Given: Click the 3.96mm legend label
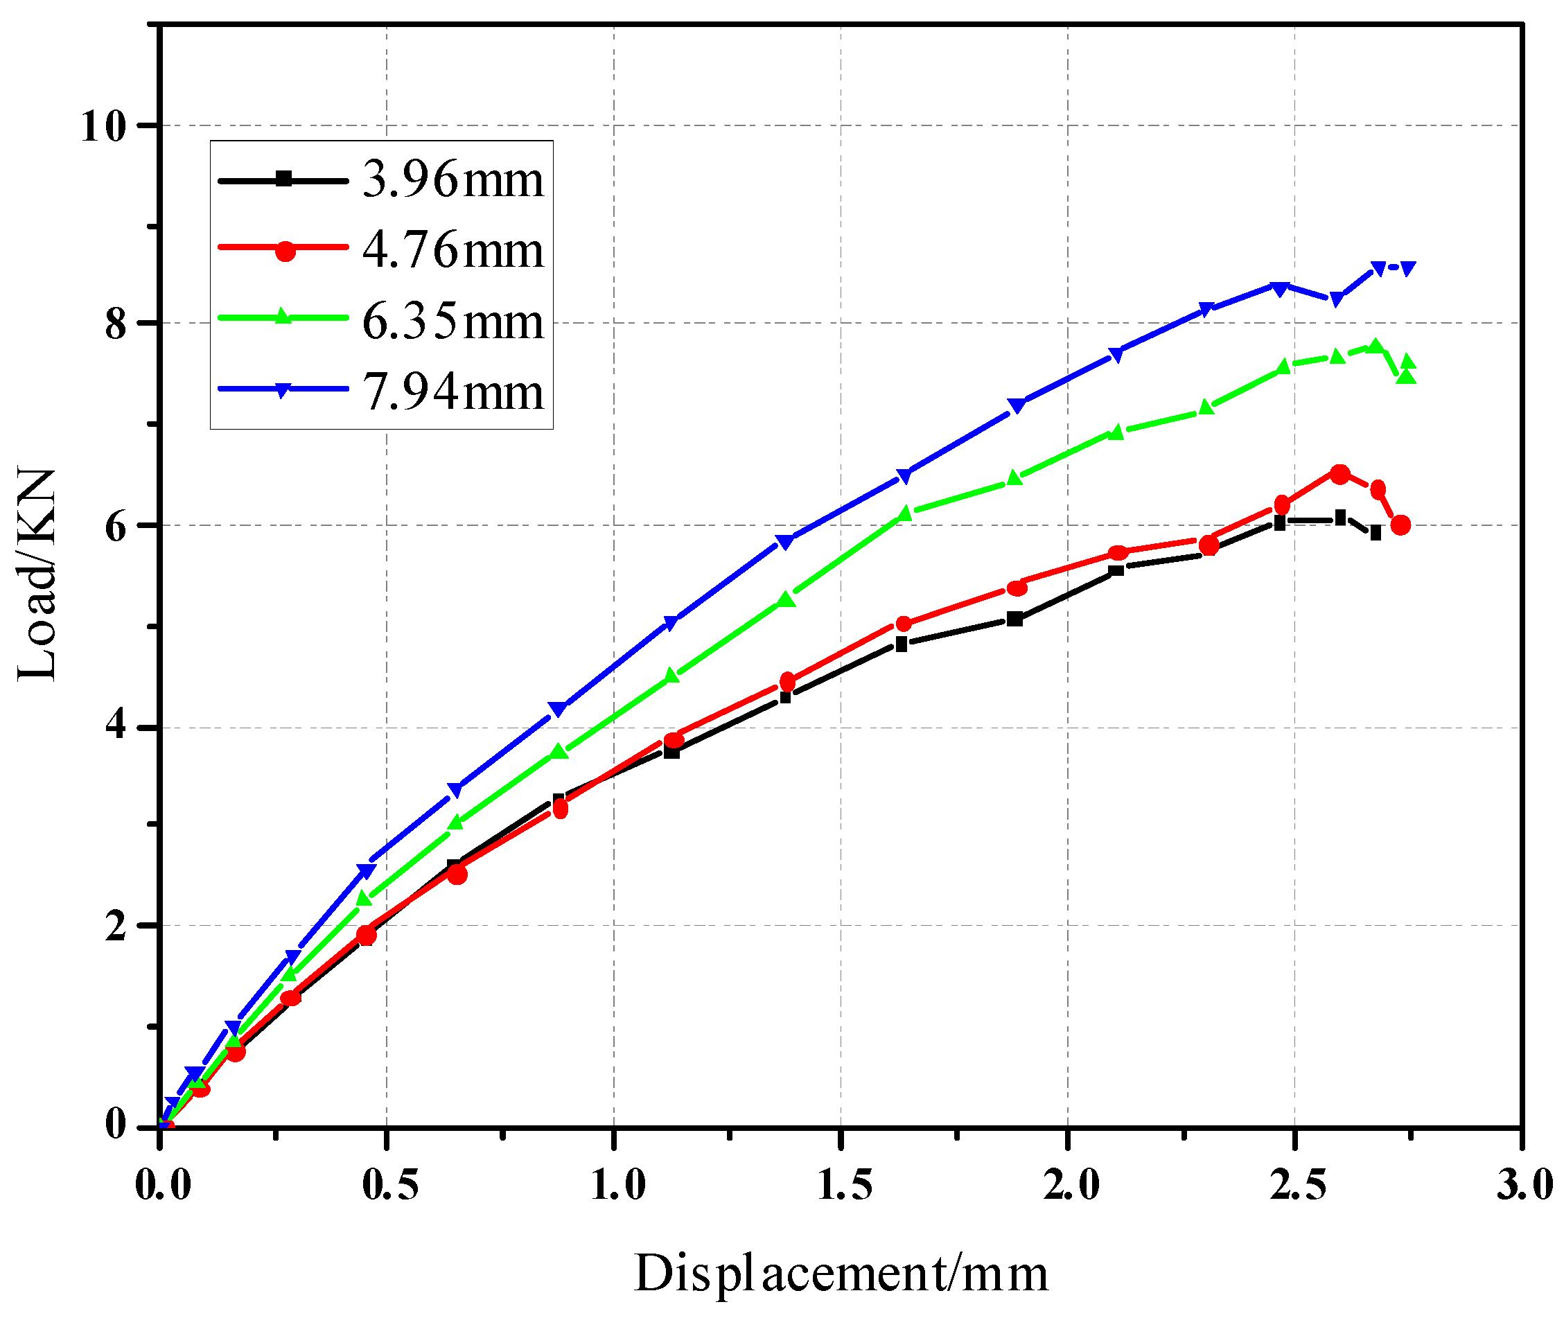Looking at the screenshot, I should click(x=452, y=181).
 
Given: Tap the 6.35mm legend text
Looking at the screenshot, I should click(x=452, y=322).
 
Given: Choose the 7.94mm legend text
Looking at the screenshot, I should click(x=452, y=392).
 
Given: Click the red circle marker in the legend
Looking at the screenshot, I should click(x=285, y=251).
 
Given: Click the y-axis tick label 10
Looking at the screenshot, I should click(x=103, y=125).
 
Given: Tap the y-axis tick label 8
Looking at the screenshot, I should click(x=114, y=324).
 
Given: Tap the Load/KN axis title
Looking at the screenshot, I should click(x=36, y=575).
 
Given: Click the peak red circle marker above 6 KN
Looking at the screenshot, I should click(x=1339, y=474).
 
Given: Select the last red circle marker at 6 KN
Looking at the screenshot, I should click(x=1400, y=525).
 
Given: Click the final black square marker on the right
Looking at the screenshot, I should click(x=1376, y=534).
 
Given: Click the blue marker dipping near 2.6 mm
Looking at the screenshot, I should click(x=1337, y=299).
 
